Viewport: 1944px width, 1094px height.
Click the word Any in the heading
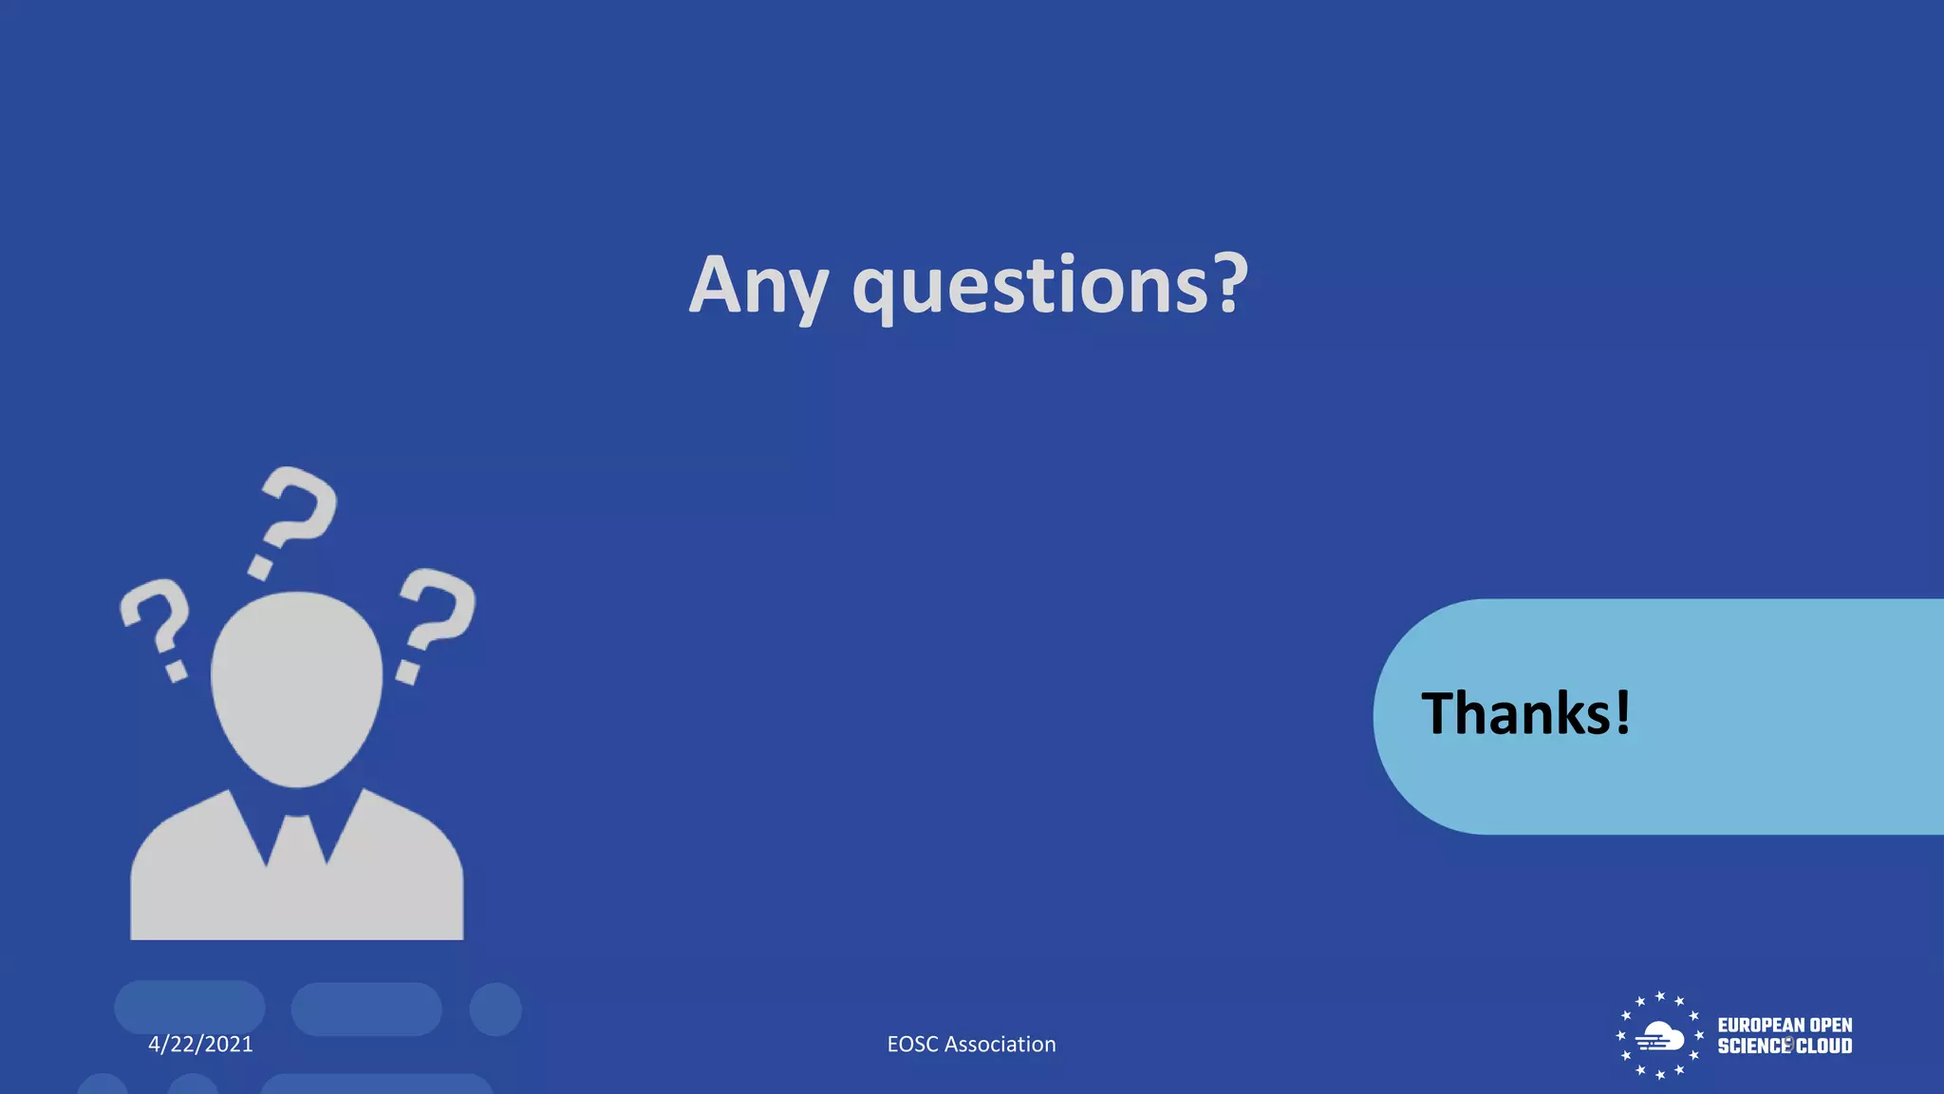point(757,285)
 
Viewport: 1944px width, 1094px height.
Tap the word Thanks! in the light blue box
point(1525,714)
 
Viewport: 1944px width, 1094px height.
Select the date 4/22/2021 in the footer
point(200,1045)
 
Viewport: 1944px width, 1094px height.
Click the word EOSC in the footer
point(912,1045)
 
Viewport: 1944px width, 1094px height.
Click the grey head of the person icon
point(296,688)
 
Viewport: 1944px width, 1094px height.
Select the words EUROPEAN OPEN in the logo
point(1785,1026)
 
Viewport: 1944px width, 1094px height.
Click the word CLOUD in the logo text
point(1823,1047)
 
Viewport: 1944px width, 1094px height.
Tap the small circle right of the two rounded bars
point(495,1009)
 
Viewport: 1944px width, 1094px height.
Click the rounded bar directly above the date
point(190,1008)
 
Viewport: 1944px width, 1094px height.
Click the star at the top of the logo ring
point(1660,996)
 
